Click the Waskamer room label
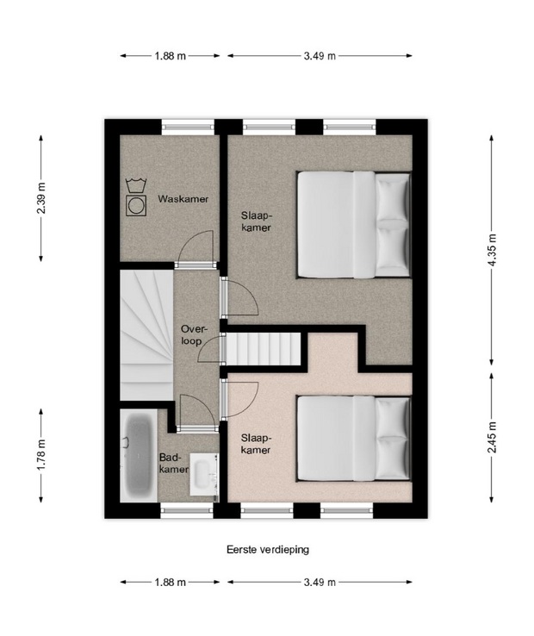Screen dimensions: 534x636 [183, 199]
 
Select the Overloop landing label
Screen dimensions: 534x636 [191, 335]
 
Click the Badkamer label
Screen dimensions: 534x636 [173, 463]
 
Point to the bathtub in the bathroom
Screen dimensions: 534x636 [139, 456]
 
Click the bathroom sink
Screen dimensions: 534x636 [204, 474]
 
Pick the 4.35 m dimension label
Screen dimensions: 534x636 [492, 250]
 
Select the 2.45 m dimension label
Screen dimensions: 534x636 [492, 437]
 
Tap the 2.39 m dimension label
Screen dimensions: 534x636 [41, 198]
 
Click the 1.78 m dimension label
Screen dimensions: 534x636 [41, 455]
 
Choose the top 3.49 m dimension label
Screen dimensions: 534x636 [320, 56]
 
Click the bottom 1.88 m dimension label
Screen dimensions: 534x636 [170, 583]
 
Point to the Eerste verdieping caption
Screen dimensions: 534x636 [268, 550]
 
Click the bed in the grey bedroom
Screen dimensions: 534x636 [354, 225]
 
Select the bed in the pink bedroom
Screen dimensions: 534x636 [354, 439]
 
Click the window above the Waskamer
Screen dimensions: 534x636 [188, 127]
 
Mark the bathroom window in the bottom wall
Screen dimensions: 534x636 [187, 511]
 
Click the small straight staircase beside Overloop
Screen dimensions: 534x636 [264, 349]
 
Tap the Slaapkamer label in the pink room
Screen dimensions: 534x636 [256, 444]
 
